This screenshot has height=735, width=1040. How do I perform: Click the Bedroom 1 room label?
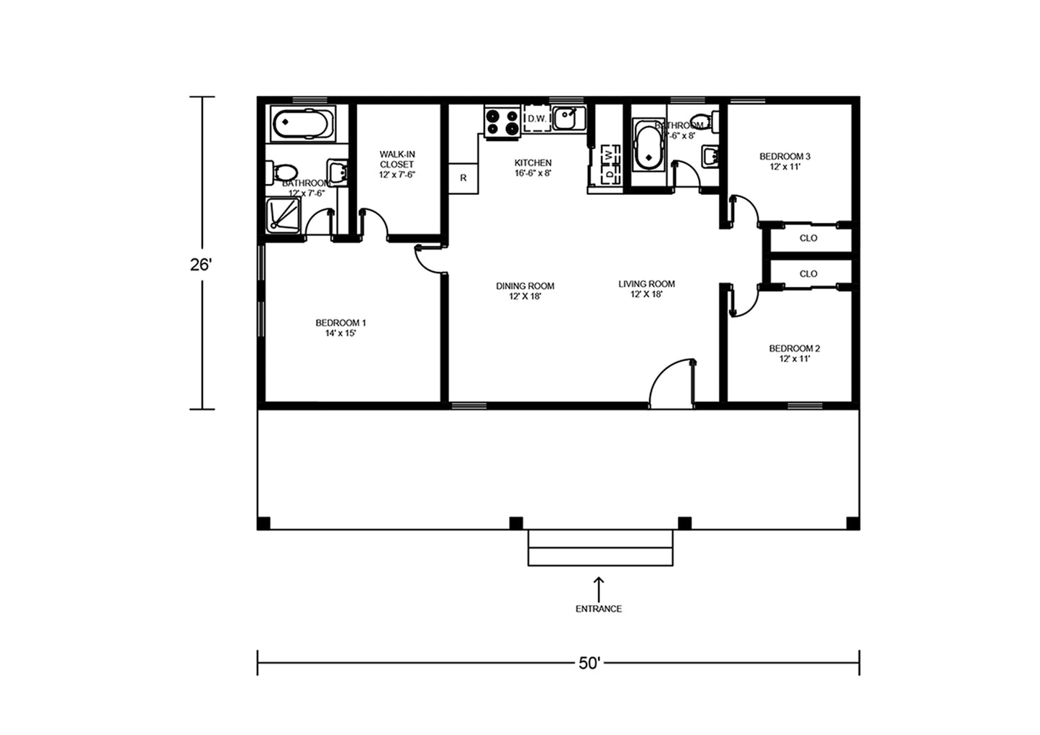click(340, 328)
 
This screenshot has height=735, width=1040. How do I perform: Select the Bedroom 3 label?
click(784, 161)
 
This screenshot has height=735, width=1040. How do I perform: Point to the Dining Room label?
click(525, 291)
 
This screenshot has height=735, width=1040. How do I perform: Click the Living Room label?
click(646, 288)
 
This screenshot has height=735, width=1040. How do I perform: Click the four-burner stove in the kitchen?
click(502, 122)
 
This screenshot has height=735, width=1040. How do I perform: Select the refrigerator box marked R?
click(464, 178)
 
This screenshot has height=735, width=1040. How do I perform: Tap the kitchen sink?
click(569, 118)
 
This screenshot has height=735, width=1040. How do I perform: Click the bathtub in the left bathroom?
click(302, 124)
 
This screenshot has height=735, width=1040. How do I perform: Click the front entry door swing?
click(673, 383)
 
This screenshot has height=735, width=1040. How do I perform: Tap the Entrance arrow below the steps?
click(598, 586)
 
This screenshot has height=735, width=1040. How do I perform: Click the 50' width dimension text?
click(589, 663)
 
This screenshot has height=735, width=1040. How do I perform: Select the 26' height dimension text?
click(201, 265)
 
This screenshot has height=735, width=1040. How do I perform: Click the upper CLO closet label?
click(808, 238)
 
